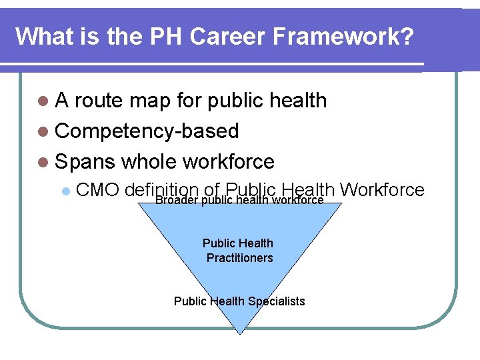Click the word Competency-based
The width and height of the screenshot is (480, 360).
[x=147, y=131]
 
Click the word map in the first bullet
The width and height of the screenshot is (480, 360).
[x=151, y=101]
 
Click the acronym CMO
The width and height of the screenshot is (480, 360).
[x=97, y=190]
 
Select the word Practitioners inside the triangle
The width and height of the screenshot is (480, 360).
[x=239, y=258]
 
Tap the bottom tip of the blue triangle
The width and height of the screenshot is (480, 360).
[x=239, y=331]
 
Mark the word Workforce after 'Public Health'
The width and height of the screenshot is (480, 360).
[x=382, y=189]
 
